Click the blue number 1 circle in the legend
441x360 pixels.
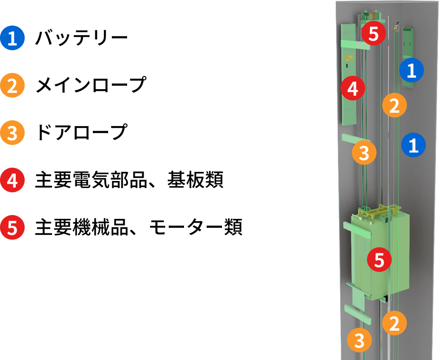point(12,38)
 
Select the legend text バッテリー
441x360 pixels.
point(82,38)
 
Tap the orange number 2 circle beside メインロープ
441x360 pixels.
point(12,85)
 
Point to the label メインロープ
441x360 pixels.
point(91,85)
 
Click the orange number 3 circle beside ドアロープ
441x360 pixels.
point(12,133)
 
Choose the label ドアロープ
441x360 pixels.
point(82,132)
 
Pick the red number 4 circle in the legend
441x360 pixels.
point(12,180)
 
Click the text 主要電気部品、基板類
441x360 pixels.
point(129,180)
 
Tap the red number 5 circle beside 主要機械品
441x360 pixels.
point(12,227)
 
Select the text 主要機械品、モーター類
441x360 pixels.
point(138,227)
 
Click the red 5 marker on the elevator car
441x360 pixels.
point(379,260)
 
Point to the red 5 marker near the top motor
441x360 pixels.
point(374,33)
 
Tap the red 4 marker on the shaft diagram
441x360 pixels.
point(353,88)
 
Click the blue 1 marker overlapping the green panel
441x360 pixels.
point(412,70)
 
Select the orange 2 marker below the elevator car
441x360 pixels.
point(395,323)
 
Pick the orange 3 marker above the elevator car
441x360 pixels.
point(364,153)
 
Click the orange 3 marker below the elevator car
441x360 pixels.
point(359,340)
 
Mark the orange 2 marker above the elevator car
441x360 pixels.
point(395,105)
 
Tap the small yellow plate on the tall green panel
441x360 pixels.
point(349,58)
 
